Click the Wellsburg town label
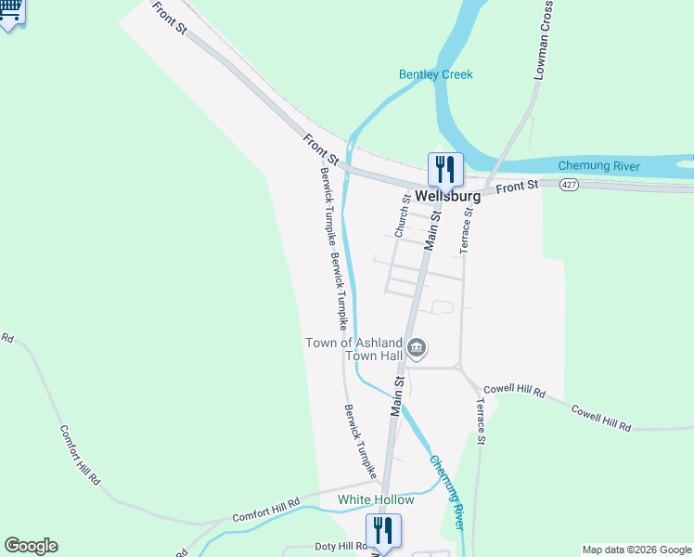click(x=448, y=197)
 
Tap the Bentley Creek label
click(x=435, y=74)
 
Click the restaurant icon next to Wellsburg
click(x=444, y=169)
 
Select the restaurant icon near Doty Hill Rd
click(x=383, y=531)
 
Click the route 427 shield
click(x=571, y=186)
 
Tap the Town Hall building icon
click(x=418, y=348)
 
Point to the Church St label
click(x=402, y=215)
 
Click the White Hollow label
click(x=376, y=499)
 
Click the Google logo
click(x=31, y=546)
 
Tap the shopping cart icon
click(x=10, y=11)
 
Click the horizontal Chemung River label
click(x=598, y=166)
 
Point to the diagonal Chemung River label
click(x=446, y=492)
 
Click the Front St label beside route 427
click(x=517, y=188)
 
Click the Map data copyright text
click(x=636, y=550)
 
